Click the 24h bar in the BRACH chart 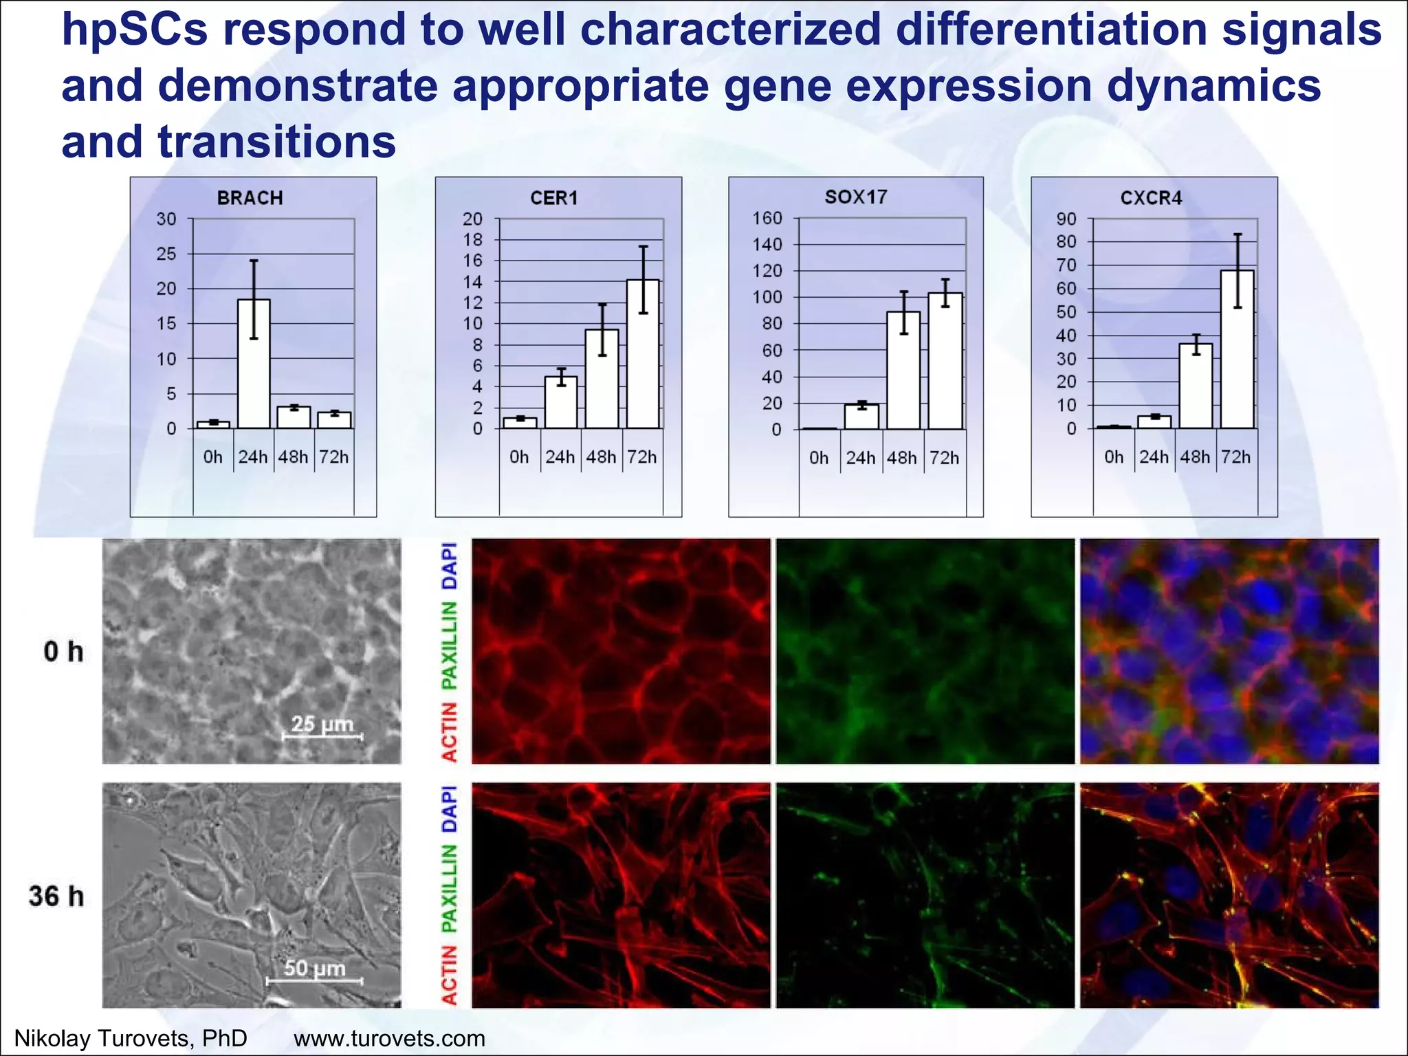click(254, 364)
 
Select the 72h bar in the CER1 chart click(643, 354)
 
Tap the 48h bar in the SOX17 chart click(903, 371)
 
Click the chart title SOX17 click(856, 197)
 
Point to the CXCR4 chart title click(1151, 198)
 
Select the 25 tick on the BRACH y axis click(166, 254)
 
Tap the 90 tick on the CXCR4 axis click(1066, 219)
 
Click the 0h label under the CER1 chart click(519, 457)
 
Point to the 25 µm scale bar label click(322, 723)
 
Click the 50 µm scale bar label click(314, 968)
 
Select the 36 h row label click(56, 896)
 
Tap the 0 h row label click(63, 651)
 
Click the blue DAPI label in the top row click(449, 566)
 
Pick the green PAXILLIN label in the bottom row click(449, 888)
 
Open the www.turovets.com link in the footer click(389, 1038)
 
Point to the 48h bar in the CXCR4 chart click(1196, 386)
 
